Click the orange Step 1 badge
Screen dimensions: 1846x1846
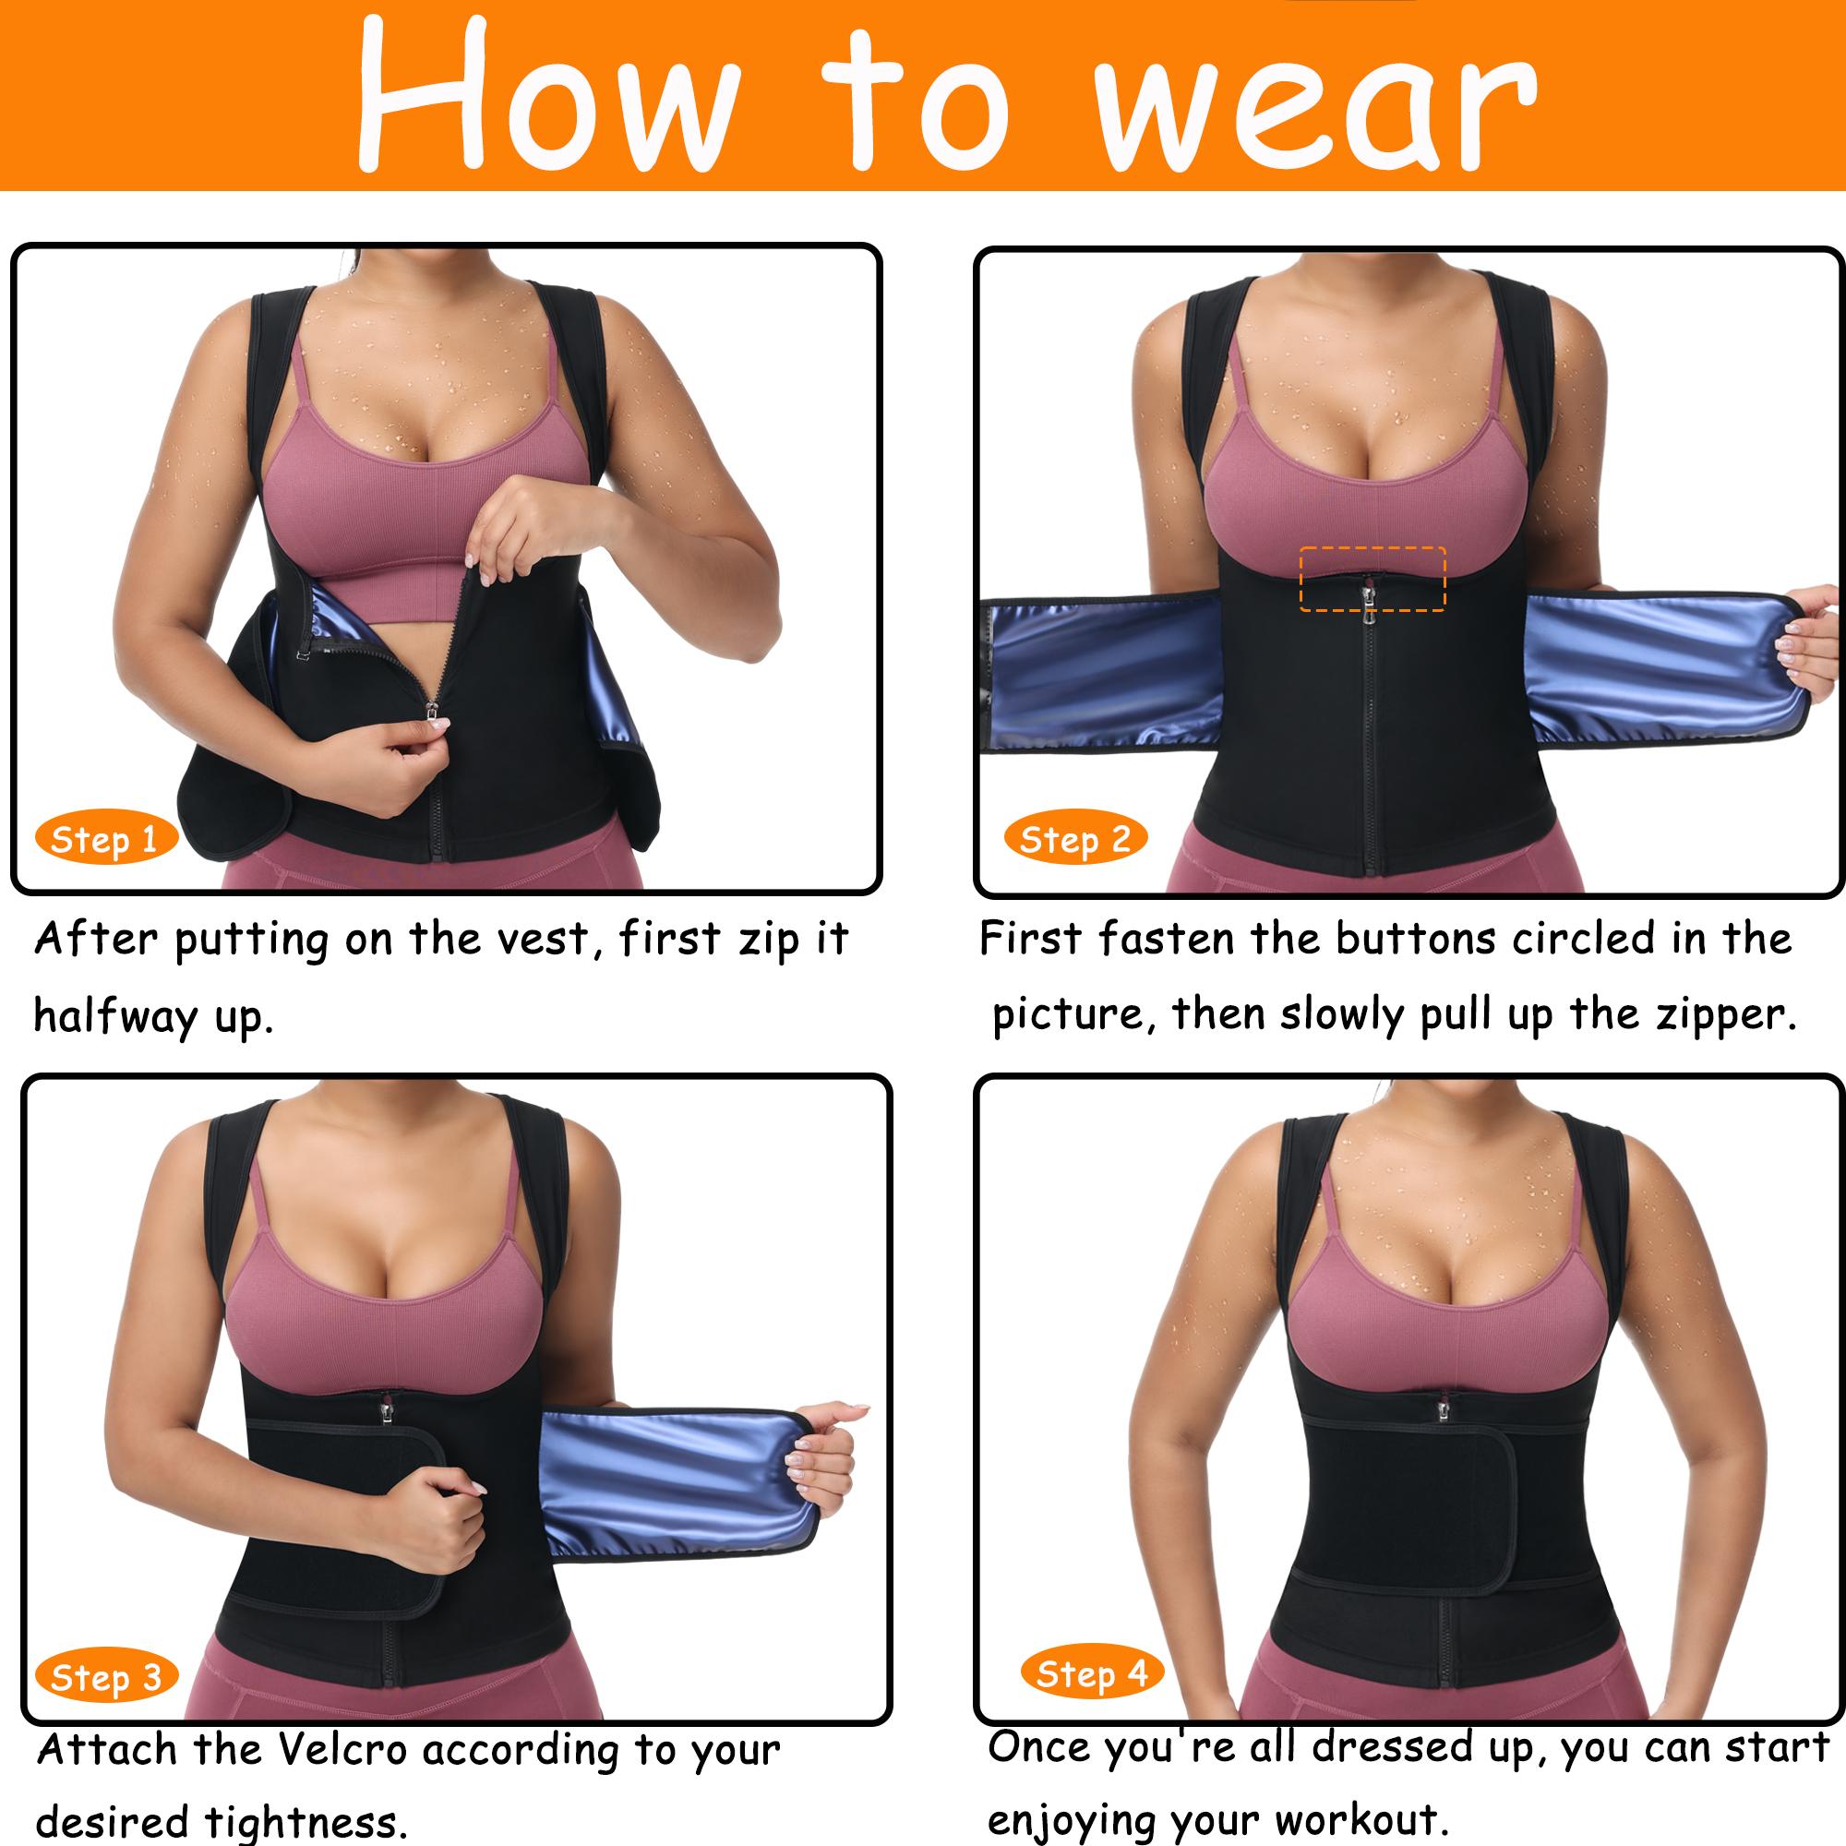[x=105, y=840]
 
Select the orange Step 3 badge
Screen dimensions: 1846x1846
[x=105, y=1678]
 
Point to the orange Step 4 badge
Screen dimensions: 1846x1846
[x=1091, y=1674]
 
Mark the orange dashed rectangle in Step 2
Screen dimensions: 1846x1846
[x=1373, y=578]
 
